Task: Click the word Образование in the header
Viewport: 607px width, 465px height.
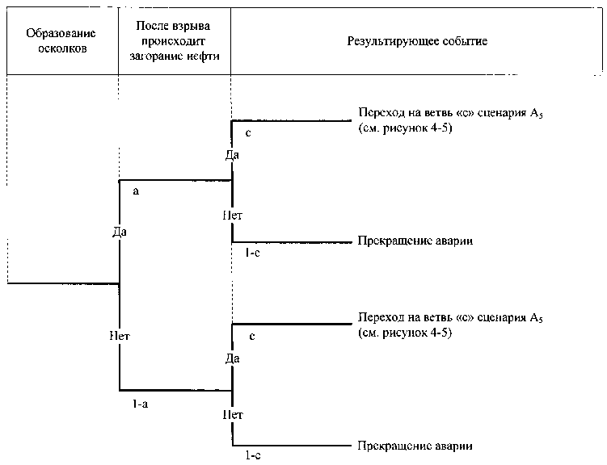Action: click(x=61, y=34)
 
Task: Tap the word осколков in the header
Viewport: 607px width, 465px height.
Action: click(x=62, y=49)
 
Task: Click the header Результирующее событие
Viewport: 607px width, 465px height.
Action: click(x=417, y=41)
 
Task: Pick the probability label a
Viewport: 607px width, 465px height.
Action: click(x=136, y=191)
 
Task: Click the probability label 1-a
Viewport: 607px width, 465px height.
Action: click(x=140, y=404)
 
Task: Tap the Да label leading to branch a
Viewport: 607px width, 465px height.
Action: click(x=120, y=232)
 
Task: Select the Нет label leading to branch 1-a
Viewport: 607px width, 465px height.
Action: click(x=120, y=337)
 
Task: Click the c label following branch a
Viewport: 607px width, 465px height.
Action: click(x=248, y=133)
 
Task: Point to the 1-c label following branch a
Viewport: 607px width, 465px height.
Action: click(x=252, y=253)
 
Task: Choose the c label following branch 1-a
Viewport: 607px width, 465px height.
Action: click(x=252, y=337)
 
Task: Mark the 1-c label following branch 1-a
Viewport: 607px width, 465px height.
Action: click(x=253, y=456)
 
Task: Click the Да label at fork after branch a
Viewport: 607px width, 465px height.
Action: click(x=232, y=155)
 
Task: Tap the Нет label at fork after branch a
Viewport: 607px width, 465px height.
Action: click(x=232, y=216)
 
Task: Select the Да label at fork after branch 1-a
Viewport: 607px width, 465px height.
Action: click(x=233, y=358)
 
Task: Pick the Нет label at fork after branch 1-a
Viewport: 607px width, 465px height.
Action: click(x=233, y=415)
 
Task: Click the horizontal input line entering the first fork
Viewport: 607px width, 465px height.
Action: click(x=63, y=283)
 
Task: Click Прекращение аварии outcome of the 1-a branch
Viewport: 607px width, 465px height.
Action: click(x=415, y=446)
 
